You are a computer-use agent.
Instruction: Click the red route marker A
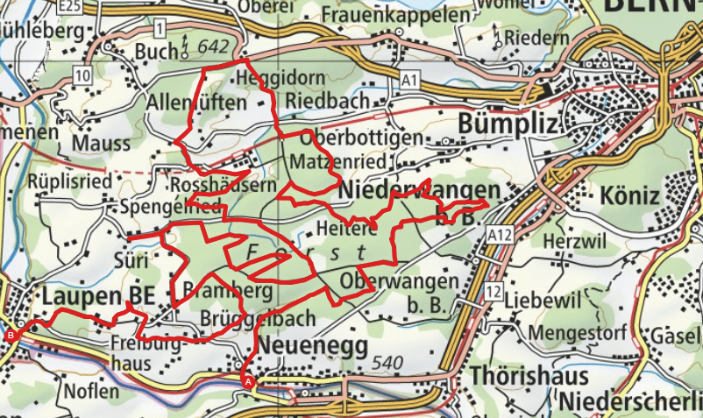point(247,381)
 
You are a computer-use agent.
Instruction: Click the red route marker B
point(11,336)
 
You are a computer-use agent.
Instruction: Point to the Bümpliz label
point(508,124)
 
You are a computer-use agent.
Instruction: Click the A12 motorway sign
point(500,234)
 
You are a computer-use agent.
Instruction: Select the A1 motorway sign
point(408,80)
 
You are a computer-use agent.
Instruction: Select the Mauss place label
point(102,143)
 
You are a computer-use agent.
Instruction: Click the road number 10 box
point(83,76)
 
